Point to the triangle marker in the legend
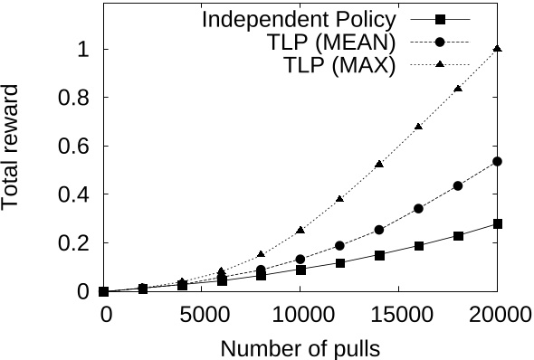439,66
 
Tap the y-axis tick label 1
83,49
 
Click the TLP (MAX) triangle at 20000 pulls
498,49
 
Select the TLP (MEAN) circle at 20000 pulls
498,162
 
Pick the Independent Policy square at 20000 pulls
498,223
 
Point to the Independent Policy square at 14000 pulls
380,255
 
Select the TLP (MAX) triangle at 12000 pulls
340,198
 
